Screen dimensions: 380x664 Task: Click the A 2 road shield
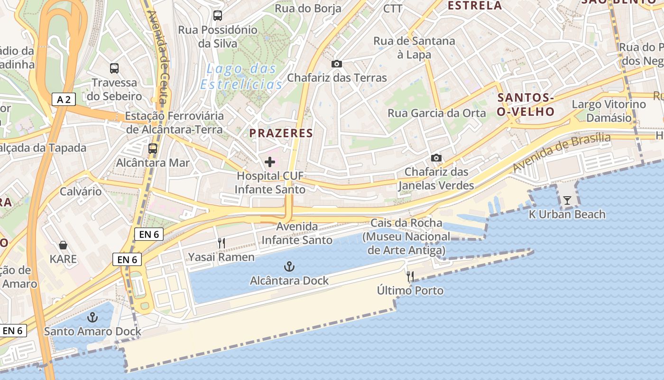(x=64, y=99)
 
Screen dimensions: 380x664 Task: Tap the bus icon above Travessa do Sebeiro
(x=114, y=68)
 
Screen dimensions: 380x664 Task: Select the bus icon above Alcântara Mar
(x=153, y=148)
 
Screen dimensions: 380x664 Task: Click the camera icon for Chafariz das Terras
(x=337, y=64)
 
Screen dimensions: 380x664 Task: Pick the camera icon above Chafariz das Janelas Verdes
(x=436, y=158)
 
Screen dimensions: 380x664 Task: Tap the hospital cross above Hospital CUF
(x=270, y=162)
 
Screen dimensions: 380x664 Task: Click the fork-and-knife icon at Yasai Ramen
(x=221, y=243)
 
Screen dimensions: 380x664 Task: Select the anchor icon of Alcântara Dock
(x=289, y=266)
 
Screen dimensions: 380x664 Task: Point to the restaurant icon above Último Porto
(x=410, y=276)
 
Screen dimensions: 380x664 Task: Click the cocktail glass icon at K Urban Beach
(x=567, y=200)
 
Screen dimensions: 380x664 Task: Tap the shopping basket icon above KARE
(x=63, y=245)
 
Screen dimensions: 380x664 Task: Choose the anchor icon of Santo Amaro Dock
(x=92, y=317)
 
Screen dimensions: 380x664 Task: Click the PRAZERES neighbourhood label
(x=281, y=133)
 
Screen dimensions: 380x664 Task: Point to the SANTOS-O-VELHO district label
(x=526, y=105)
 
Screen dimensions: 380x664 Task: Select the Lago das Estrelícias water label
(x=241, y=76)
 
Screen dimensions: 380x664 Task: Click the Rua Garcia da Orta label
(x=437, y=113)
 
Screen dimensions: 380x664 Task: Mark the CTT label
(x=393, y=9)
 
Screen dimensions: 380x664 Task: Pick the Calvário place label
(x=81, y=191)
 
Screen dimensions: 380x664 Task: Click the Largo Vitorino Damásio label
(x=609, y=111)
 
